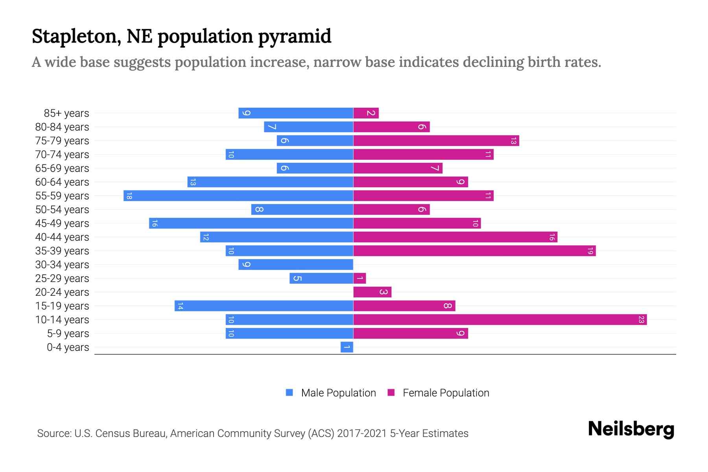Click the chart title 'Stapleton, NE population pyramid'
coord(181,36)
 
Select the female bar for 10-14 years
coord(500,320)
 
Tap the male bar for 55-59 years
coord(238,196)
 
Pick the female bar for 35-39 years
coord(474,251)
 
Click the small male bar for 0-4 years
coord(347,347)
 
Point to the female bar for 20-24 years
coord(372,292)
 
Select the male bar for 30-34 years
coord(296,265)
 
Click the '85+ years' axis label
coord(66,113)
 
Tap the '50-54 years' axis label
coord(62,210)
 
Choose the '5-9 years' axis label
coord(68,334)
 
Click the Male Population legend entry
coord(331,393)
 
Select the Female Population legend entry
coord(438,393)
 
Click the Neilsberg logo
coord(631,429)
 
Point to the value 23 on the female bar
coord(641,320)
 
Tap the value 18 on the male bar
coord(129,196)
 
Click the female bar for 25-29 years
coord(360,278)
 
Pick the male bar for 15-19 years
coord(264,306)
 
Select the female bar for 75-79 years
coord(436,141)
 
